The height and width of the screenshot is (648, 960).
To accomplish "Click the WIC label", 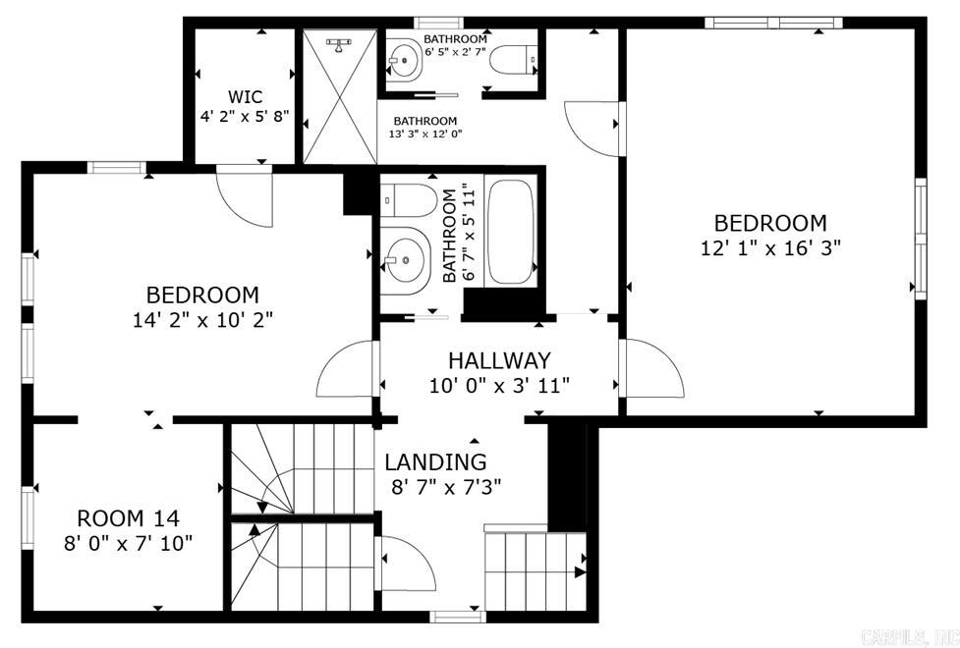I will (245, 96).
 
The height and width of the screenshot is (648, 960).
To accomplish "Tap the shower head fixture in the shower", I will (340, 43).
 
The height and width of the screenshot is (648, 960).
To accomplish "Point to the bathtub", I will (510, 232).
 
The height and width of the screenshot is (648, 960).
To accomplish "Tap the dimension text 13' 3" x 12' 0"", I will (426, 135).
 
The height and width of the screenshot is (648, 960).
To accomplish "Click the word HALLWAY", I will (499, 360).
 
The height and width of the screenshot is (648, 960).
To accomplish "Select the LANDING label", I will (435, 461).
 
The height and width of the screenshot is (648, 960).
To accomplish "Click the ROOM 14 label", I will (128, 517).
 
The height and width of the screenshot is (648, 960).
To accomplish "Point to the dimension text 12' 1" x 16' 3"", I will (770, 248).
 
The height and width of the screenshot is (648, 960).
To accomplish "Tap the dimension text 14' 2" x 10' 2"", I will (202, 319).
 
